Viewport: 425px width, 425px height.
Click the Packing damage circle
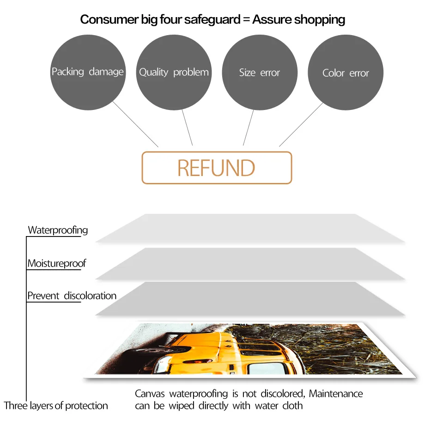pyautogui.click(x=87, y=72)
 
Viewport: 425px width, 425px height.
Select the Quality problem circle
pyautogui.click(x=174, y=72)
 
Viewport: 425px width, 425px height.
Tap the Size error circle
pyautogui.click(x=260, y=72)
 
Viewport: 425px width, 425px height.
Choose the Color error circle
pyautogui.click(x=346, y=73)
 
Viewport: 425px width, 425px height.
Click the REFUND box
pyautogui.click(x=217, y=168)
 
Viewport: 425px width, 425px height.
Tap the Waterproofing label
pyautogui.click(x=58, y=230)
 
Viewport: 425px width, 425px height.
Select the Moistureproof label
pyautogui.click(x=56, y=264)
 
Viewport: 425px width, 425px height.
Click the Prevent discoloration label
pyautogui.click(x=72, y=296)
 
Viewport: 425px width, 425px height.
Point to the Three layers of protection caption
pyautogui.click(x=56, y=406)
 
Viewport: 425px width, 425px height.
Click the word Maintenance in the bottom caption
pyautogui.click(x=336, y=394)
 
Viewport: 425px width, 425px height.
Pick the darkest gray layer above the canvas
pyautogui.click(x=249, y=299)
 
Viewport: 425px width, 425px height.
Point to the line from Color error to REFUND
pyautogui.click(x=301, y=125)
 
